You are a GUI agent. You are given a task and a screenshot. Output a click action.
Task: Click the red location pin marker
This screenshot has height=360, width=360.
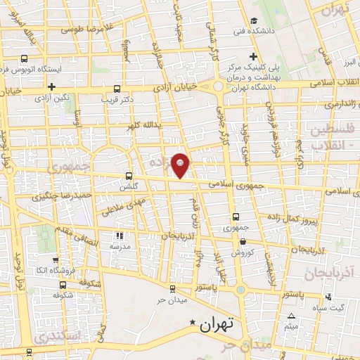181,165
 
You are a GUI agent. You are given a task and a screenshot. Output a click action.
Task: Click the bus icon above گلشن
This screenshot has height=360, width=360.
128,176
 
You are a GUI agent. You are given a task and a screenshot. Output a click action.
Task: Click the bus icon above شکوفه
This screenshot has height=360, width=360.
64,285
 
